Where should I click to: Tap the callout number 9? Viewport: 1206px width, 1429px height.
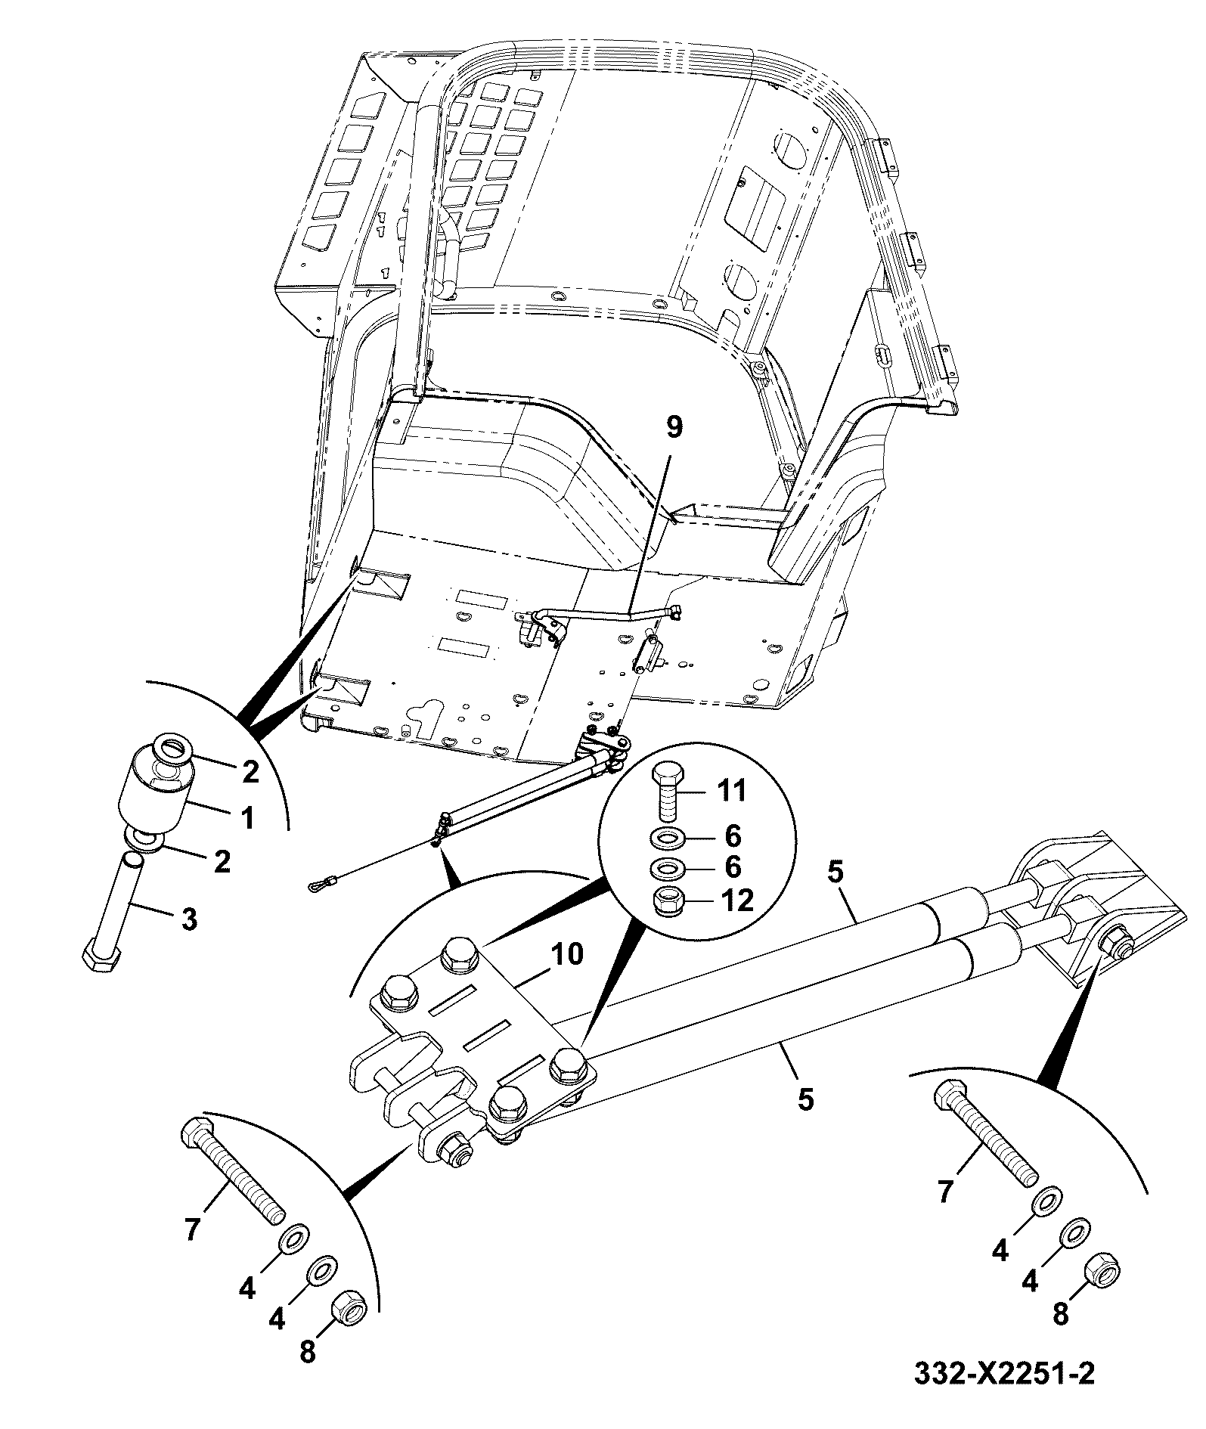pyautogui.click(x=673, y=426)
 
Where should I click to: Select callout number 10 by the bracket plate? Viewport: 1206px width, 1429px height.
pyautogui.click(x=568, y=954)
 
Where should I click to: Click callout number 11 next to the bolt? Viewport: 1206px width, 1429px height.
pyautogui.click(x=730, y=791)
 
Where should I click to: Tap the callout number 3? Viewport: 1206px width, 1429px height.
pyautogui.click(x=189, y=919)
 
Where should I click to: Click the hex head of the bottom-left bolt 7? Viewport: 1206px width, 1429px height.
pyautogui.click(x=198, y=1132)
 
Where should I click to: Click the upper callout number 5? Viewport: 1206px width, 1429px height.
pyautogui.click(x=834, y=873)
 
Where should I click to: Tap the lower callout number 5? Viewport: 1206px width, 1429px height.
pyautogui.click(x=806, y=1099)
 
